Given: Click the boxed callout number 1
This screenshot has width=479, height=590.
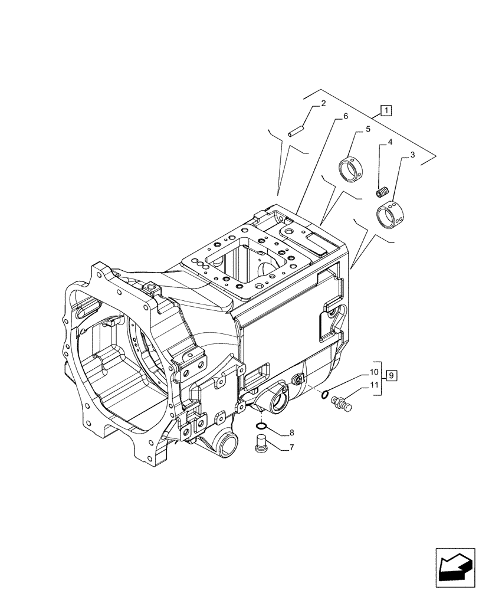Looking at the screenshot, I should point(385,109).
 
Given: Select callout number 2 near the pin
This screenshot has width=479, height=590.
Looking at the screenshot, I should point(323,104).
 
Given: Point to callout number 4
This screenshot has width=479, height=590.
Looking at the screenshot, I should point(390,143).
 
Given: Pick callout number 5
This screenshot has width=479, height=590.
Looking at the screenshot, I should point(368,128).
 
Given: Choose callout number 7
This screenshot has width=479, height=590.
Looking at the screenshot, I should point(291,448).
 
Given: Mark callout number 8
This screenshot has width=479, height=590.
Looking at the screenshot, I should point(291,434).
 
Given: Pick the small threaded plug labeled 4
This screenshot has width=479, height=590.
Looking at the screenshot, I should point(382,192).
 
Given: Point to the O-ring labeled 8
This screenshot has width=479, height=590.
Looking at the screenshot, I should point(262,427).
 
